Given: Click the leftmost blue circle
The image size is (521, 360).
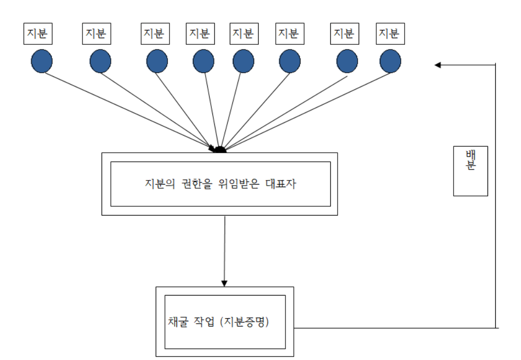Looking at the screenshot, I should (42, 61).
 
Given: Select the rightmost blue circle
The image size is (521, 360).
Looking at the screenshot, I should (390, 61).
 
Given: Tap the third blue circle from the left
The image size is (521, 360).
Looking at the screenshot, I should (157, 61).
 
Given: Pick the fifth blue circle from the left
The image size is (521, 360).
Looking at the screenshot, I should (243, 61).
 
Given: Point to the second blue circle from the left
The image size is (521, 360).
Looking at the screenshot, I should (100, 61).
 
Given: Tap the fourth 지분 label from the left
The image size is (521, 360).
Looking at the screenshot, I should (200, 34).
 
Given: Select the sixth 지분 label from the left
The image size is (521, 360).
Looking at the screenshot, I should (290, 34).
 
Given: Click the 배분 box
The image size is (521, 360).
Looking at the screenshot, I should (470, 171).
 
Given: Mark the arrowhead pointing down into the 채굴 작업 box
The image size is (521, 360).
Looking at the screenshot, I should (224, 283).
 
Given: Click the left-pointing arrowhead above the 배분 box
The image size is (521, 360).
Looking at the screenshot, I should (438, 64).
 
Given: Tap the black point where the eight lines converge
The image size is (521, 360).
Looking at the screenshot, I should (220, 150).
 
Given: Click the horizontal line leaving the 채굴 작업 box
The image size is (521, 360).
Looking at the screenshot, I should (394, 328).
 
